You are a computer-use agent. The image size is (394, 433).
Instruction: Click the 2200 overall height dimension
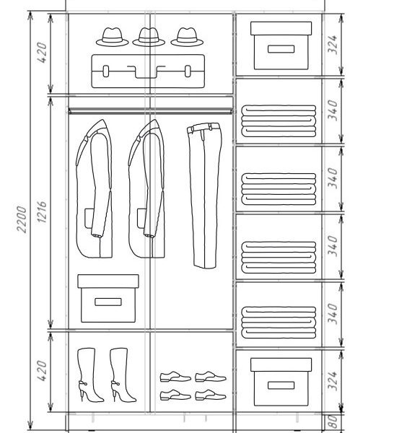tap(22, 219)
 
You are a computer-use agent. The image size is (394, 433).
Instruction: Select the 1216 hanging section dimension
tap(42, 211)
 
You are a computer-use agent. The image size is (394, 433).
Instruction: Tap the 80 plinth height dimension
tap(333, 421)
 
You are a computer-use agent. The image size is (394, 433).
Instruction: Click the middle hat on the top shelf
tap(149, 37)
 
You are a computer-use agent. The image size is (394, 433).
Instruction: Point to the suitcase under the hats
tap(148, 71)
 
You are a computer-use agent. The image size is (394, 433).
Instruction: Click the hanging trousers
tap(204, 196)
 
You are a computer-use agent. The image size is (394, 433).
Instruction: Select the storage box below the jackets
tap(108, 298)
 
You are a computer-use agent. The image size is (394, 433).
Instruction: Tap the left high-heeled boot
tap(89, 375)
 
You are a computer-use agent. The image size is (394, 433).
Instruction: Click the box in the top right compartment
tap(281, 45)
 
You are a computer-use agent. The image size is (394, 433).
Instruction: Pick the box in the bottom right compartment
tap(281, 382)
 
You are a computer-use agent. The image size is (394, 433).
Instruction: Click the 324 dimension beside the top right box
tap(333, 45)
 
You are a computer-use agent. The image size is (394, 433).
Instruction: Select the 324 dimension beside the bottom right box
tap(333, 381)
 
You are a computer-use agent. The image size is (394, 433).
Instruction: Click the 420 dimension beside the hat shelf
tap(42, 53)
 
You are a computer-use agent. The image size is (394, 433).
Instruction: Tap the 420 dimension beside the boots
tap(42, 371)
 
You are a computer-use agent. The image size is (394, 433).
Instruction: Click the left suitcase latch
tap(106, 71)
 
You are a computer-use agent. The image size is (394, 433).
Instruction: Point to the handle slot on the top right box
tap(281, 49)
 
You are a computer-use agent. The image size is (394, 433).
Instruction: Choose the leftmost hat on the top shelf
tap(112, 37)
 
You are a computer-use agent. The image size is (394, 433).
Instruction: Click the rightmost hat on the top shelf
tap(187, 37)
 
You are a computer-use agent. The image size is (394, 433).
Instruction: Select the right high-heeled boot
tap(122, 375)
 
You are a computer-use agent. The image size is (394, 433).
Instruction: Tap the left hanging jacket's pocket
tap(89, 219)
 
